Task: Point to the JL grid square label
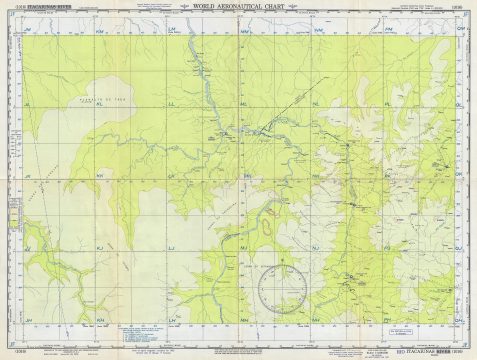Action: [29, 103]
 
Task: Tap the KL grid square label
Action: [100, 103]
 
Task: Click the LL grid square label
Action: [172, 103]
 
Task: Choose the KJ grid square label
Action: [100, 246]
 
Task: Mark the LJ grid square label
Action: [172, 246]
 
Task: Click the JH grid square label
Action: [29, 318]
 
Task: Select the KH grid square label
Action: [100, 318]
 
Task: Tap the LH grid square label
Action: [172, 318]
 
